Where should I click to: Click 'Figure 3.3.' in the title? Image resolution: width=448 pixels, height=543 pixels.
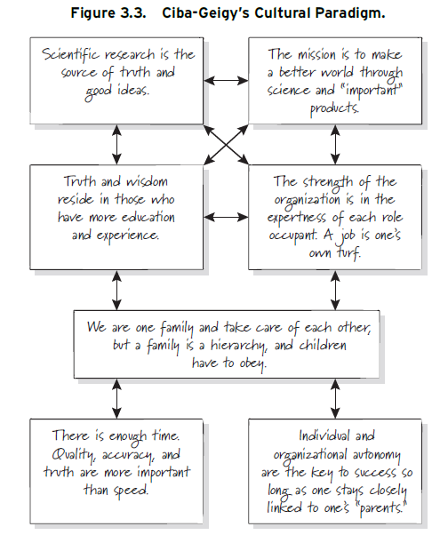pos(108,13)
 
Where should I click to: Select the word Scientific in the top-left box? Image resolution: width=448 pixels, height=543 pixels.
pos(71,55)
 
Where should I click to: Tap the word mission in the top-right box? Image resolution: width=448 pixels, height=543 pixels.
pos(317,55)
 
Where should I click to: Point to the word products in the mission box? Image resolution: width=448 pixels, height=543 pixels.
pos(334,108)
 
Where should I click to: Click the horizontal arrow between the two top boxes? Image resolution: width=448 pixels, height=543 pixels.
pos(226,81)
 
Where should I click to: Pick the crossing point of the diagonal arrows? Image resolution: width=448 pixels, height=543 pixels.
pos(226,144)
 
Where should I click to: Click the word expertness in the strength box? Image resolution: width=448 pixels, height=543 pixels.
pos(297,218)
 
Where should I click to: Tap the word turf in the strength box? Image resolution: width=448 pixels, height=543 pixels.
pos(349,253)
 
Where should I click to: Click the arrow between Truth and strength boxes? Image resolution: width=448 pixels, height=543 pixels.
pos(226,218)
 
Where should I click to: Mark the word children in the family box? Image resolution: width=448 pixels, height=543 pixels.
pos(323,346)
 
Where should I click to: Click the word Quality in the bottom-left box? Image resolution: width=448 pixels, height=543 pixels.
pos(73,455)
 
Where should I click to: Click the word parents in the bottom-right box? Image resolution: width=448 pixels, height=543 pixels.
pos(380,508)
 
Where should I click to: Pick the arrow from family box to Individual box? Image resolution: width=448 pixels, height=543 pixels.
pos(335,399)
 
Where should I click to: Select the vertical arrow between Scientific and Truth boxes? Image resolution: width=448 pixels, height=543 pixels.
pos(116,144)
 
